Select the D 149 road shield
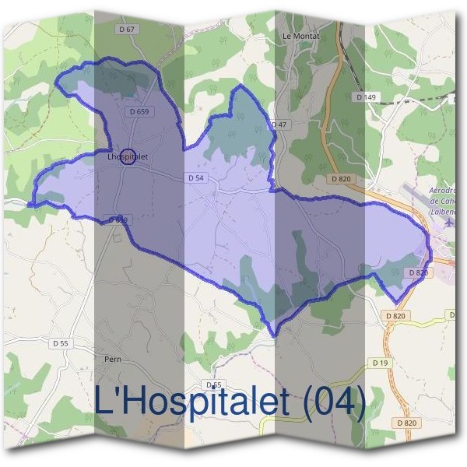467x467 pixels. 365,97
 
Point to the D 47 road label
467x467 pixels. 279,125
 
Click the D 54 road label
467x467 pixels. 195,178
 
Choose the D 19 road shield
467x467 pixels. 380,363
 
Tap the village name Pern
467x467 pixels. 113,360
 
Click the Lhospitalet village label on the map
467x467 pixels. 125,156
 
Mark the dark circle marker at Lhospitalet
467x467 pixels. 129,156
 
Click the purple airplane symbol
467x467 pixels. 451,222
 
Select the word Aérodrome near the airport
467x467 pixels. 446,191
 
